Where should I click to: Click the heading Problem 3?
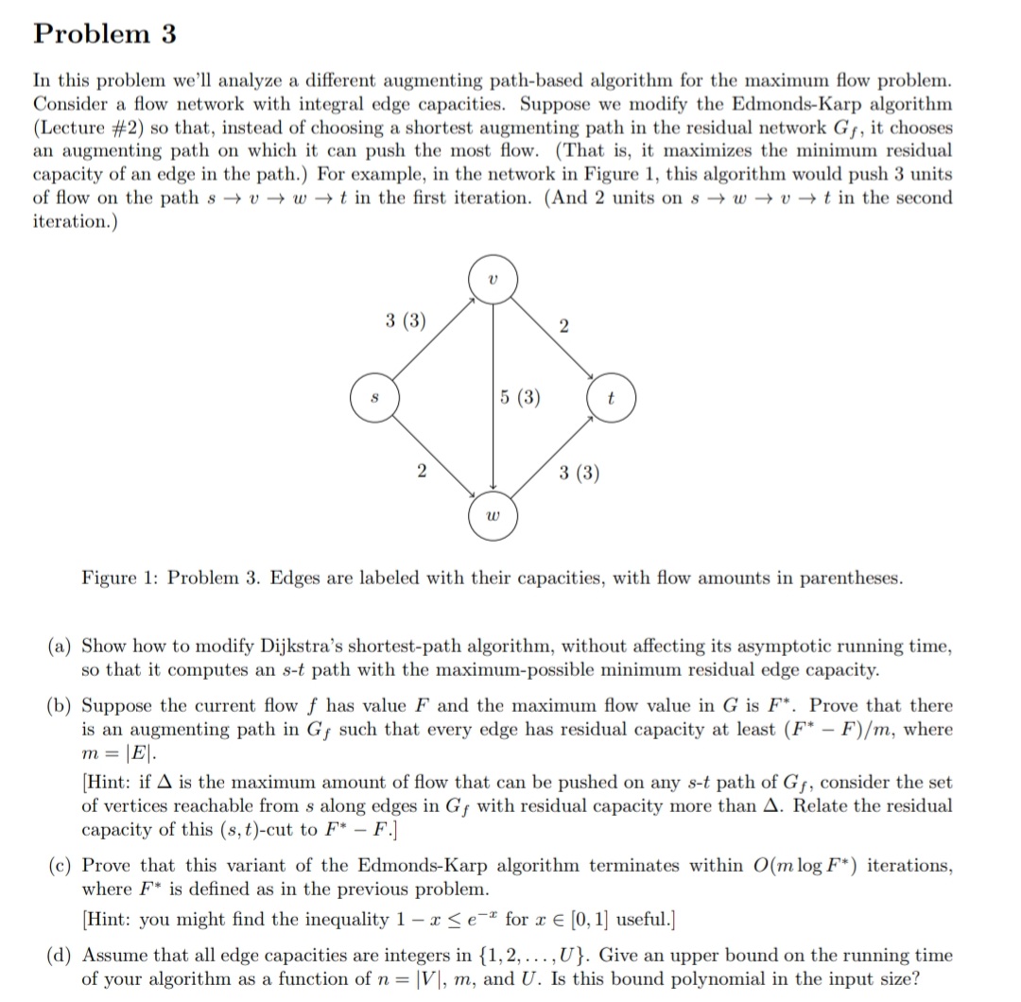(x=105, y=34)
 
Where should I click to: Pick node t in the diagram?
(x=611, y=399)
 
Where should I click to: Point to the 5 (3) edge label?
(x=521, y=397)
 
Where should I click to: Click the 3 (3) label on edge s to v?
(x=406, y=320)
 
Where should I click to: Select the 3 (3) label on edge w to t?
(x=579, y=473)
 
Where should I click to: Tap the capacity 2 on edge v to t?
(x=564, y=327)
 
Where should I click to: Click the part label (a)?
(x=61, y=647)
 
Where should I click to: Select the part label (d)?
(x=61, y=955)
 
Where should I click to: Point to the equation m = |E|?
(x=115, y=753)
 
